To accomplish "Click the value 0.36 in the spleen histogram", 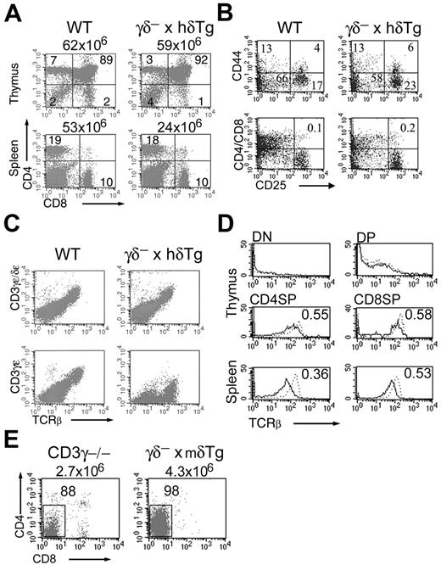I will (313, 360).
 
